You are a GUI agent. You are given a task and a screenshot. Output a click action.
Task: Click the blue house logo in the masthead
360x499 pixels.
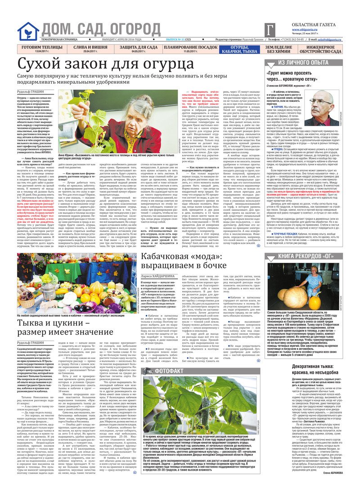pos(28,32)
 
